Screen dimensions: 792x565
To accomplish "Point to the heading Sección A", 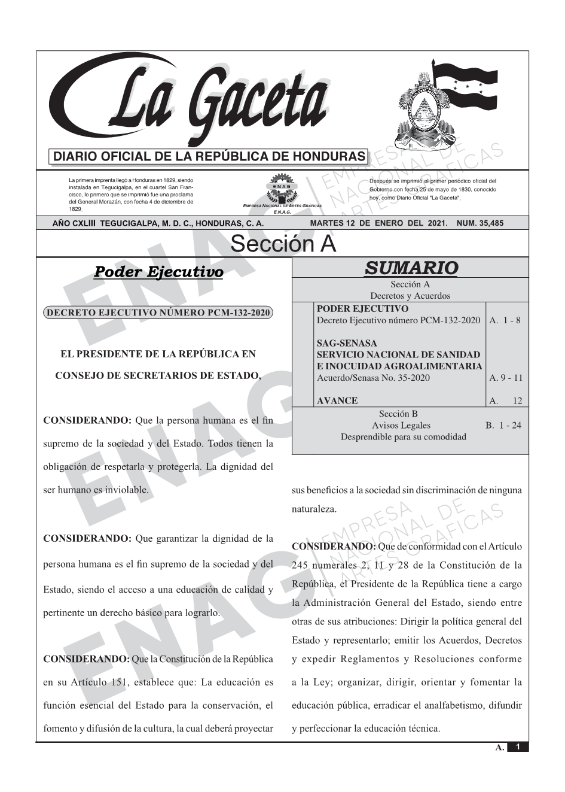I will coord(283,244).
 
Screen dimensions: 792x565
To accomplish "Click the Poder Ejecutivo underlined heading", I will coord(158,272).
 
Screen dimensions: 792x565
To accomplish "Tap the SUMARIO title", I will coord(411,268).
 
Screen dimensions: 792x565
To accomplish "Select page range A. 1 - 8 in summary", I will coord(505,320).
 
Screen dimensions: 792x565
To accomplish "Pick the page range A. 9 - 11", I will coord(505,378).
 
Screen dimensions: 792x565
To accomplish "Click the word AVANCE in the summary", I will coord(337,400).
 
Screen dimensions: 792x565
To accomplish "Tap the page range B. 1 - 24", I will coord(503,425).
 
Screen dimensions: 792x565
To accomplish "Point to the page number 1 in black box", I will coord(518,747).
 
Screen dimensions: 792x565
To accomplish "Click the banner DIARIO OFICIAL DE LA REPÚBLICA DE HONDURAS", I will coord(209,157).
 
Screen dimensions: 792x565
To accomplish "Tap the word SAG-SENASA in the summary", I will coord(347,343).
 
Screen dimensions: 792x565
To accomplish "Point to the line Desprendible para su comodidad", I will coord(403,436).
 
